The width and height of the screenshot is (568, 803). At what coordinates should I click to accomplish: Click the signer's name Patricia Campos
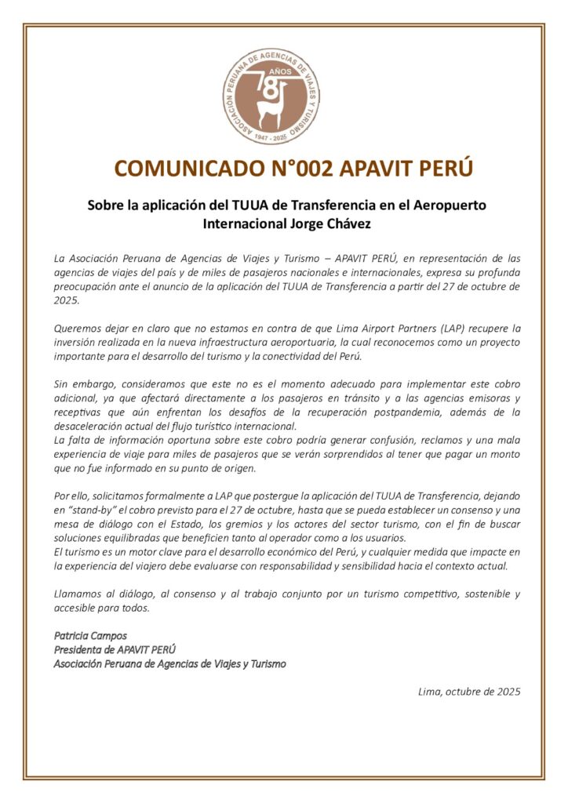pyautogui.click(x=90, y=635)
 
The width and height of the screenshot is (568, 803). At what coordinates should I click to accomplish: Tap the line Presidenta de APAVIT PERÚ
pyautogui.click(x=115, y=649)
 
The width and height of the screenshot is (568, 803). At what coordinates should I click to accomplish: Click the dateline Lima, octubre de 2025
pyautogui.click(x=470, y=692)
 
